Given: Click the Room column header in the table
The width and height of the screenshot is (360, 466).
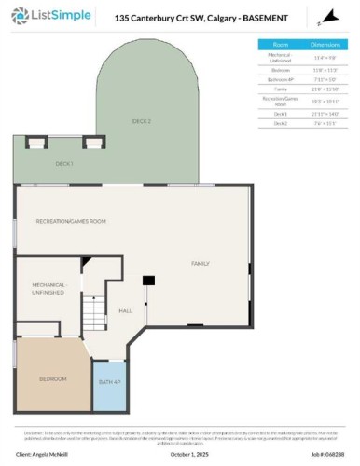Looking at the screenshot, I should (x=280, y=45).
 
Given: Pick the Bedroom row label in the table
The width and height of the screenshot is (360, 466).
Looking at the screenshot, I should (x=280, y=68).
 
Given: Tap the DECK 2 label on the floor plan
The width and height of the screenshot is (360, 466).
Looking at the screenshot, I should (x=141, y=121).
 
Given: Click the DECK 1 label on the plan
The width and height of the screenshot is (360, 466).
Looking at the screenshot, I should (x=64, y=163).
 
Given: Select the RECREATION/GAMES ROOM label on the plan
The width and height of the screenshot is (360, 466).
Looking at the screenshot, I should (x=71, y=221).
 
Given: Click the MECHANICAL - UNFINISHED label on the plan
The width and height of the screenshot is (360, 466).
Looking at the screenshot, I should (x=48, y=288).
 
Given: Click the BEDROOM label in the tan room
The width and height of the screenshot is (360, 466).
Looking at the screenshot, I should (x=52, y=379).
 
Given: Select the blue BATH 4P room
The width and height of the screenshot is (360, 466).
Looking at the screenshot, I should (x=109, y=382).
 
